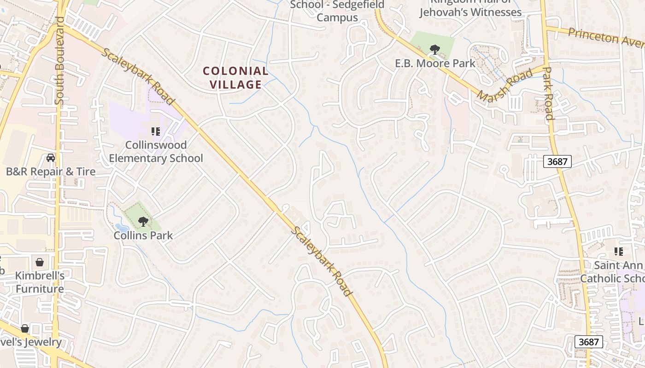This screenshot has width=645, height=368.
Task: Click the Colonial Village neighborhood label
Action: (235, 78)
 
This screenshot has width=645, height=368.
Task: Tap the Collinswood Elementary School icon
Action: (156, 132)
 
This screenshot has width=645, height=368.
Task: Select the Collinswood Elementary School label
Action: (156, 152)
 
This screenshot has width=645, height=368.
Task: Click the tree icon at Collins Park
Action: (143, 222)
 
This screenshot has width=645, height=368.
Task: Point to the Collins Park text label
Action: (143, 236)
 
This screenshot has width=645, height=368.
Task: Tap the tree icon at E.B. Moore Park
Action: (434, 49)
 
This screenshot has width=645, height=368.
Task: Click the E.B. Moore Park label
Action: (435, 63)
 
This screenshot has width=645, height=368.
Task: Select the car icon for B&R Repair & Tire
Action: (51, 158)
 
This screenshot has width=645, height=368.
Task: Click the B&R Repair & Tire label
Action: (51, 172)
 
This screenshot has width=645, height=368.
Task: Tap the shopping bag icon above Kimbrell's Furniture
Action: (40, 262)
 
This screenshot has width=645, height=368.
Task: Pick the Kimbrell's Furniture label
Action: (40, 282)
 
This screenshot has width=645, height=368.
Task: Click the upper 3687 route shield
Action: (557, 161)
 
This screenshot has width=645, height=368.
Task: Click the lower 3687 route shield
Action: (589, 342)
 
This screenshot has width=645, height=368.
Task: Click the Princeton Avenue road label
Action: (606, 37)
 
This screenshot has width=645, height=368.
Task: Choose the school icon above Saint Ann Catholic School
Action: (619, 252)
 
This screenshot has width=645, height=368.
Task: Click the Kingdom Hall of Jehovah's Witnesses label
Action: (470, 8)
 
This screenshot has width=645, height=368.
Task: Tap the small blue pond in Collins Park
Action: (122, 228)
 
